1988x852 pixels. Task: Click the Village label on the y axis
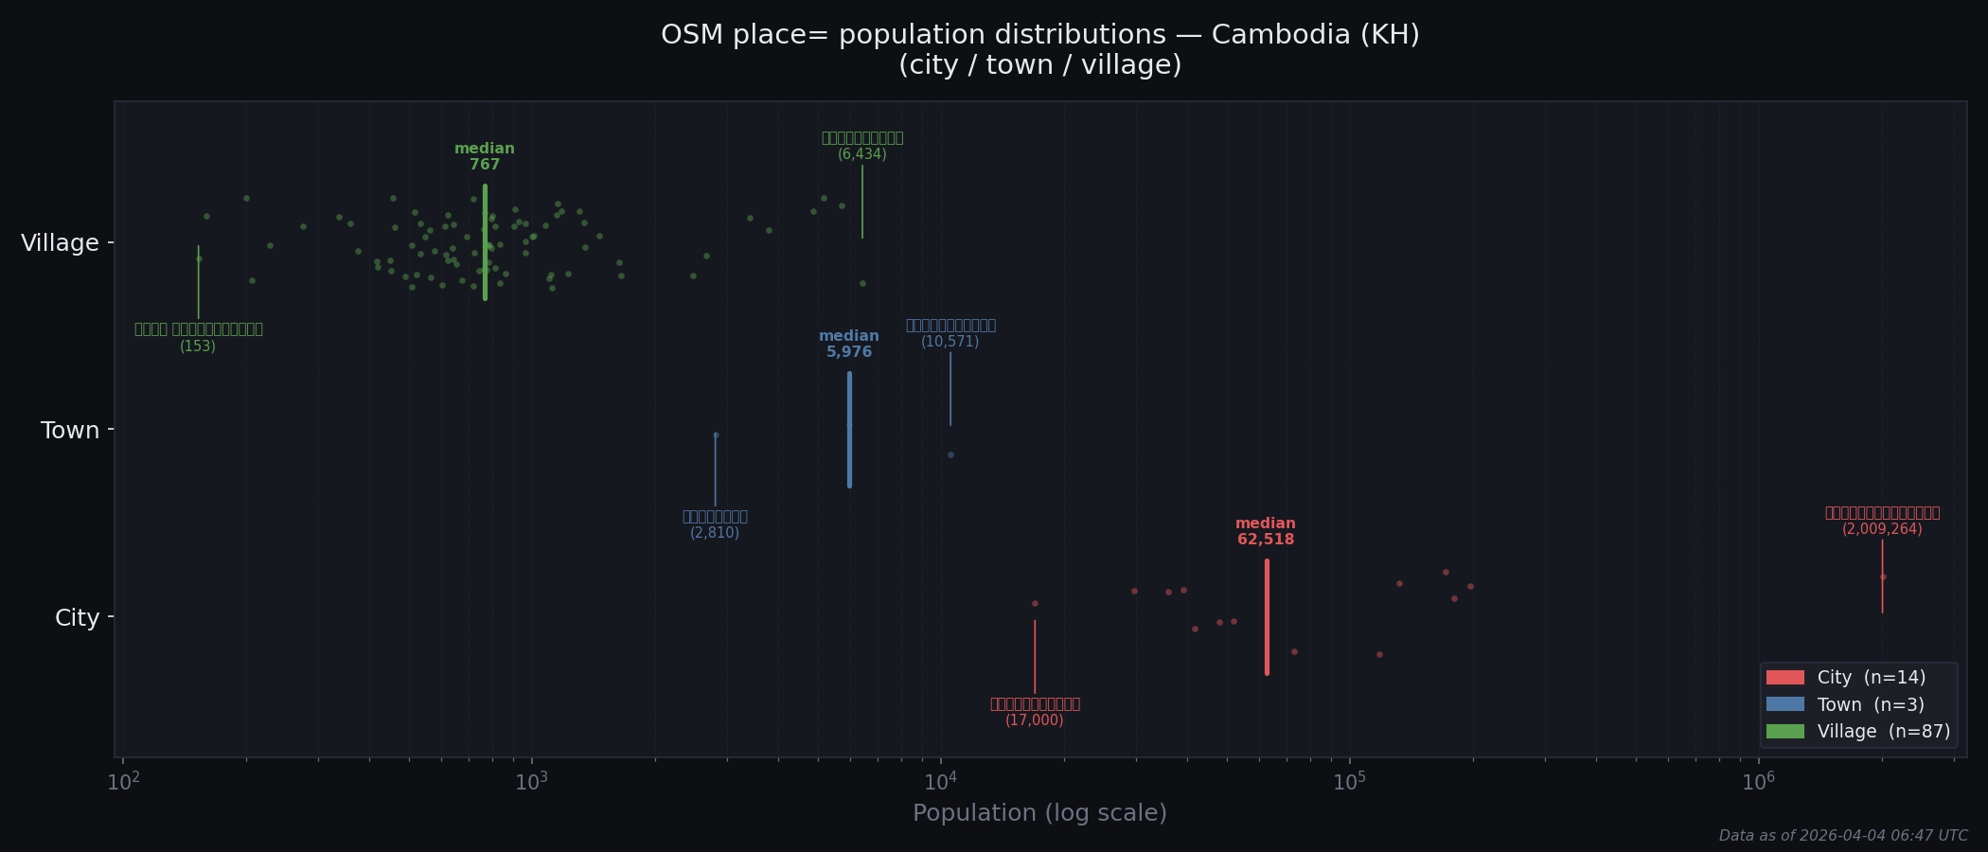[60, 243]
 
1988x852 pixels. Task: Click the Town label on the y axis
[70, 431]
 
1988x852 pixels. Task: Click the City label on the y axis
[77, 618]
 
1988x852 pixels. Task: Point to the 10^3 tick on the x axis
[532, 782]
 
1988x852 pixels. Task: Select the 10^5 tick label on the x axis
[1349, 782]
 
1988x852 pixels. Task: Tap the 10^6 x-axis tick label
[1758, 782]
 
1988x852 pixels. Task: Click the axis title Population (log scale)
[1039, 813]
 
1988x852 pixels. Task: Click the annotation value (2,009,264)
[1882, 529]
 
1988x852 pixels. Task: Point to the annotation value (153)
[198, 346]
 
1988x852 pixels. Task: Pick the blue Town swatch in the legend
[1784, 704]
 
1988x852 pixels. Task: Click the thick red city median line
[1267, 617]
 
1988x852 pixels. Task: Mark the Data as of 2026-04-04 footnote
[1842, 836]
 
